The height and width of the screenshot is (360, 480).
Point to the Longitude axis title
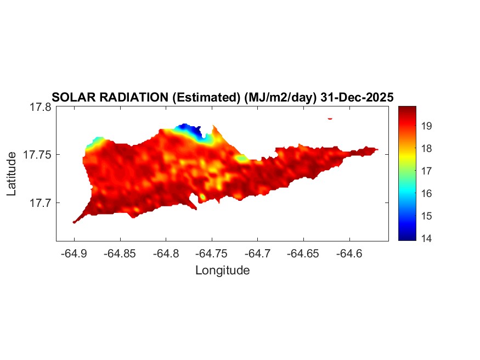222,270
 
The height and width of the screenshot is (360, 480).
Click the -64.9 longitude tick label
74,253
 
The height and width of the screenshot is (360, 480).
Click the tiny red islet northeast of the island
330,118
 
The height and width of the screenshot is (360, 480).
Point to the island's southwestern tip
75,222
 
